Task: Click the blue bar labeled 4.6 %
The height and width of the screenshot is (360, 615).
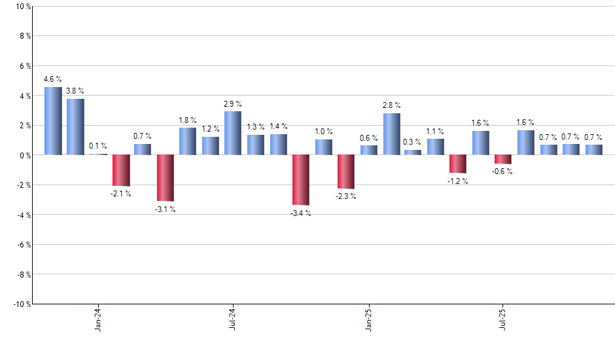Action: [x=53, y=121]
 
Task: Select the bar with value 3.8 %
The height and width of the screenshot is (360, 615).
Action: [x=75, y=127]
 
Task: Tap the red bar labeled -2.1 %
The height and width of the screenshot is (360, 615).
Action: [x=120, y=170]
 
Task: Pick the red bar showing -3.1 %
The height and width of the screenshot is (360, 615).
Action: [x=166, y=177]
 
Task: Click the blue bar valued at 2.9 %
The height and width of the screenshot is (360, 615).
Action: [x=233, y=134]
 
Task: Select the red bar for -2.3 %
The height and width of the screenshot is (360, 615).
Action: [x=345, y=171]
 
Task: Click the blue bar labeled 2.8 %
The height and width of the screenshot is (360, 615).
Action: [x=391, y=134]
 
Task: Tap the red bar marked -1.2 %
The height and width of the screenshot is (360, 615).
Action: [x=458, y=164]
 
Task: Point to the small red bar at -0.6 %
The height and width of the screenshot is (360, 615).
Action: [x=503, y=159]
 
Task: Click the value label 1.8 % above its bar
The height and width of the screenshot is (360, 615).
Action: [x=188, y=120]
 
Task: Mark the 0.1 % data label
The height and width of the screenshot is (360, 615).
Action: [x=98, y=146]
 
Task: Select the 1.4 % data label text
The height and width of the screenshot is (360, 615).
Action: [x=278, y=126]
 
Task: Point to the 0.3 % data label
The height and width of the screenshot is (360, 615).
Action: [x=413, y=142]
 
